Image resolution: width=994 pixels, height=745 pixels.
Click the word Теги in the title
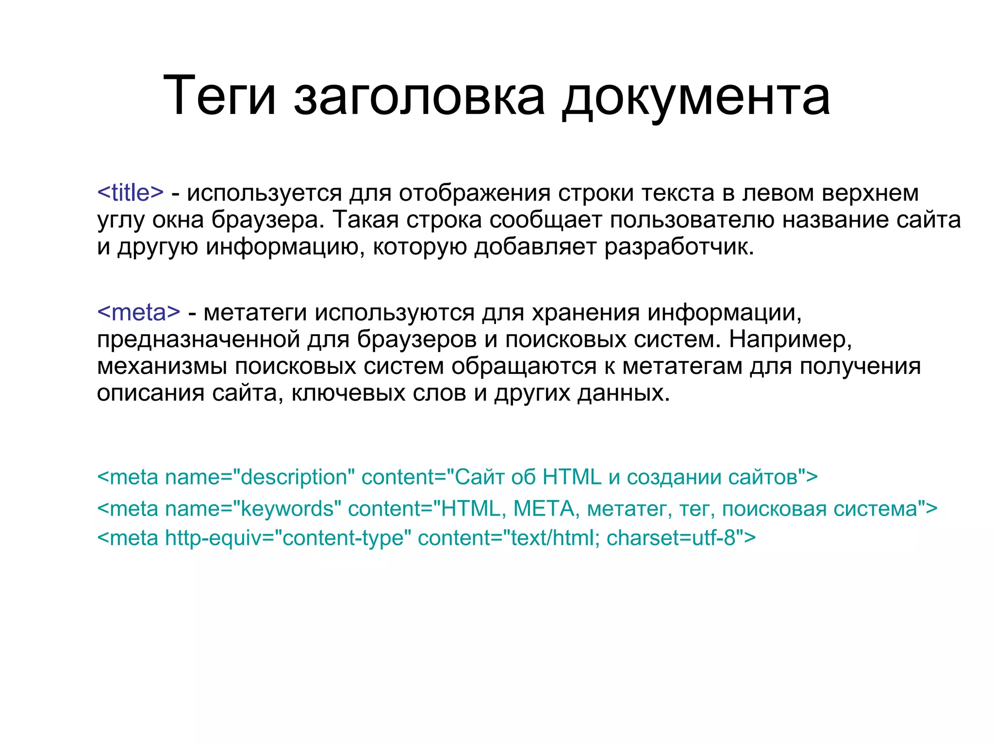219,96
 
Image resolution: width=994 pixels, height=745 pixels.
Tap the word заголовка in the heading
419,96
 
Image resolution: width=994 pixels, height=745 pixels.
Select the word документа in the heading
696,96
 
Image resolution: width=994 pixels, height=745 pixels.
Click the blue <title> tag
131,193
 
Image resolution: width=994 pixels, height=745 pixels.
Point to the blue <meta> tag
139,312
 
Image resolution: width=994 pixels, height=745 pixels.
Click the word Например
790,339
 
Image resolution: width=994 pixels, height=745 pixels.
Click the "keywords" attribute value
287,509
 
